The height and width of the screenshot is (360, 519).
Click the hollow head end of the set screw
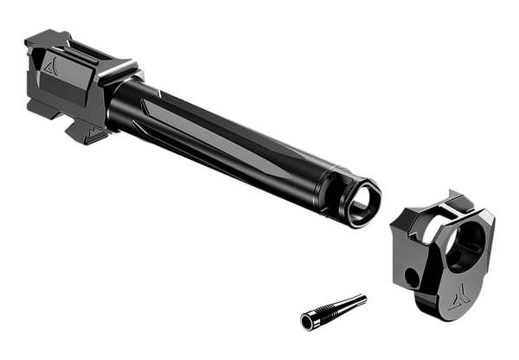click(307, 322)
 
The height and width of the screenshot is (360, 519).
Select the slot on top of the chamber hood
click(86, 50)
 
